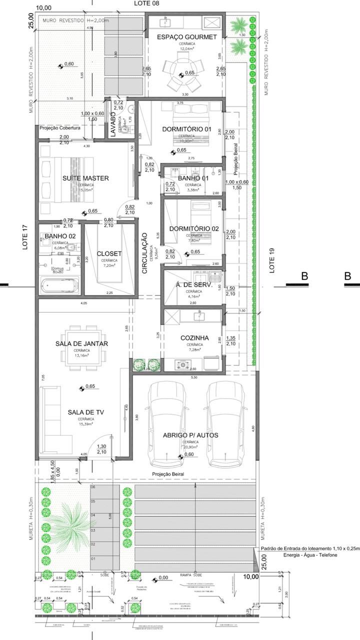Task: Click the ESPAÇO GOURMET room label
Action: click(186, 37)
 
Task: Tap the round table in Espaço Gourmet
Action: click(183, 73)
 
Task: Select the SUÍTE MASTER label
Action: click(86, 178)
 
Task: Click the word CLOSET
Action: click(109, 253)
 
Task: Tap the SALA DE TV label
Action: click(85, 412)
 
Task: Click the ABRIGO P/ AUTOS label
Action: click(190, 435)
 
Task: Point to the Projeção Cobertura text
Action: click(60, 128)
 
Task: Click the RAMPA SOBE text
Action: click(190, 575)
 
